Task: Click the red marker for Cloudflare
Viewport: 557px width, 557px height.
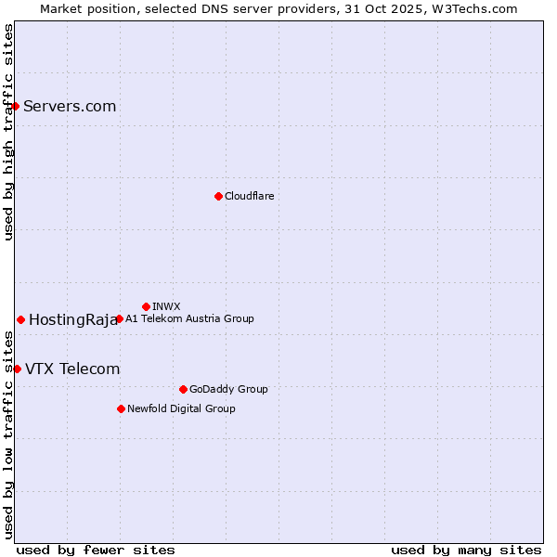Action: pyautogui.click(x=218, y=196)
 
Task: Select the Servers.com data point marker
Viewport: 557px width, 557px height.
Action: pyautogui.click(x=16, y=106)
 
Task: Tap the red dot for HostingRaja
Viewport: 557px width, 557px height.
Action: pyautogui.click(x=20, y=319)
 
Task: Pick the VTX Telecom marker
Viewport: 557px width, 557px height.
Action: pyautogui.click(x=17, y=369)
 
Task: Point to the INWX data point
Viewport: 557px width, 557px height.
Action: pyautogui.click(x=146, y=306)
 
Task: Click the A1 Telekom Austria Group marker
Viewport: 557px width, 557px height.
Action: pyautogui.click(x=119, y=318)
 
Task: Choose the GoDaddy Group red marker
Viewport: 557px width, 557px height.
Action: pyautogui.click(x=183, y=389)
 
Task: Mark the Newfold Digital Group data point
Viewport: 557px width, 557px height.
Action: pyautogui.click(x=121, y=408)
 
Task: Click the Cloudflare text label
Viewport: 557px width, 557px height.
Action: pyautogui.click(x=250, y=196)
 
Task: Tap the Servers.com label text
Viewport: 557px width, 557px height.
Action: pyautogui.click(x=70, y=106)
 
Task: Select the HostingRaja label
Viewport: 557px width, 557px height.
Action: pyautogui.click(x=72, y=320)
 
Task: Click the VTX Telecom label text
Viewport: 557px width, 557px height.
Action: pyautogui.click(x=72, y=369)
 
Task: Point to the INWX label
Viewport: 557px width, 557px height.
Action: pyautogui.click(x=166, y=306)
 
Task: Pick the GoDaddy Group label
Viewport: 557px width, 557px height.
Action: pyautogui.click(x=228, y=389)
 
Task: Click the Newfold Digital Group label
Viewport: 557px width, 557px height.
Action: pyautogui.click(x=181, y=408)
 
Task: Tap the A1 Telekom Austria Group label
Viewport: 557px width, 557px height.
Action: pyautogui.click(x=189, y=318)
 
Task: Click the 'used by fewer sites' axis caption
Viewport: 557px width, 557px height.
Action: pyautogui.click(x=96, y=550)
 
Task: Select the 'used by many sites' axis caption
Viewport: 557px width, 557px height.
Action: pyautogui.click(x=466, y=550)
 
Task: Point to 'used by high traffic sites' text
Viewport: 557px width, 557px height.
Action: pyautogui.click(x=9, y=132)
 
